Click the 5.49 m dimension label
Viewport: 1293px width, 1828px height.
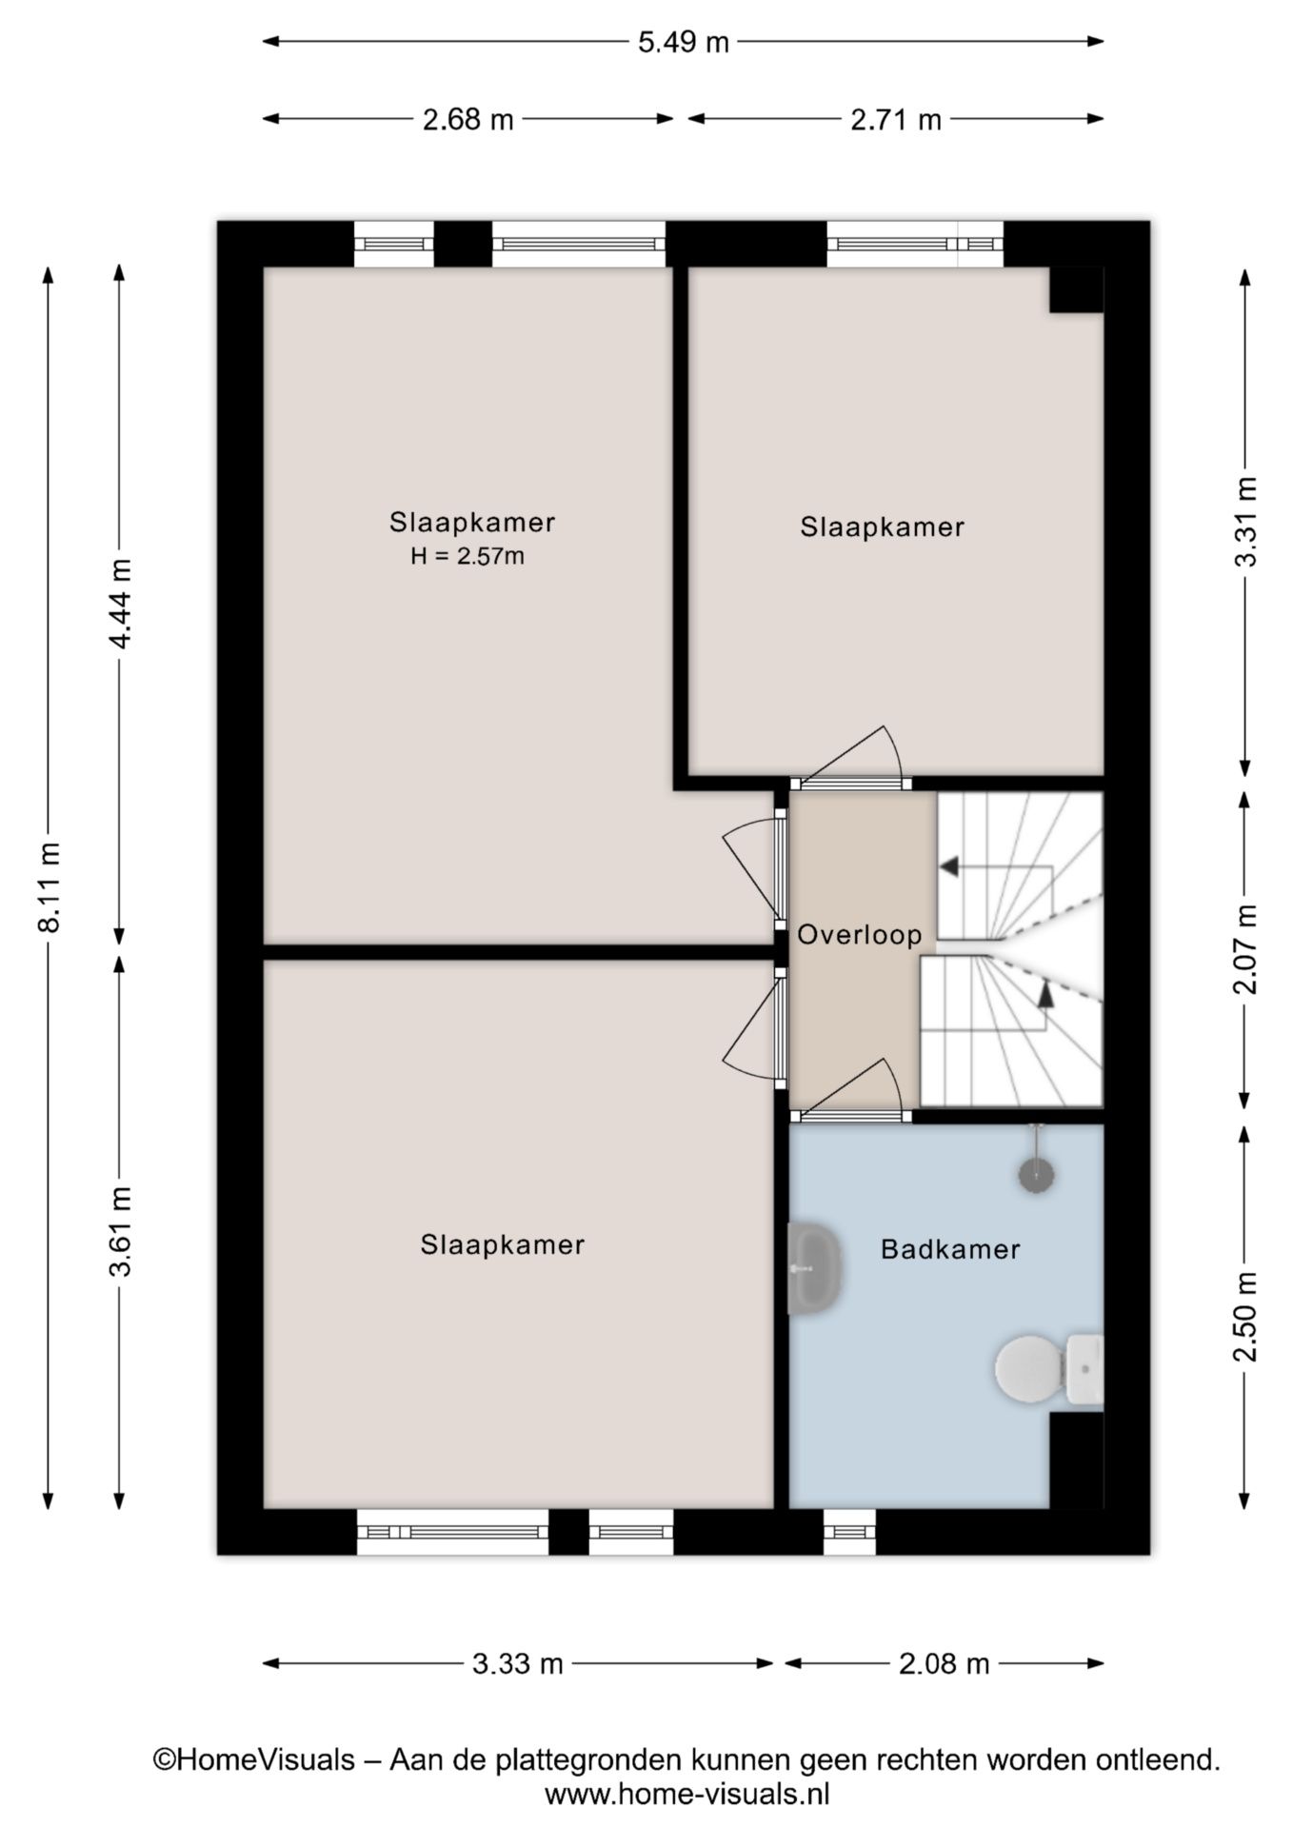[683, 42]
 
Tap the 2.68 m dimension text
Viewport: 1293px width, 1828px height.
[467, 120]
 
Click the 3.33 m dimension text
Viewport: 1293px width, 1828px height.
[518, 1664]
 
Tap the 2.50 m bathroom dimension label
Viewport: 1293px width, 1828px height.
[1244, 1317]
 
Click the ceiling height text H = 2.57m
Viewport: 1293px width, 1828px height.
[467, 556]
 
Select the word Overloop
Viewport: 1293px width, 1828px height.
[859, 935]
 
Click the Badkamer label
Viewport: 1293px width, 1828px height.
[950, 1249]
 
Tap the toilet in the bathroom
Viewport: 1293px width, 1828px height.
[1047, 1369]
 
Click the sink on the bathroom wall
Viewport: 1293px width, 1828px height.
[814, 1268]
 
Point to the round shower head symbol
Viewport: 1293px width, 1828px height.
[1037, 1175]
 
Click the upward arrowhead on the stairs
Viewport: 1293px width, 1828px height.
[1045, 994]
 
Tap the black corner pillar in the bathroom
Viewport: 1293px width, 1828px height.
[1076, 1460]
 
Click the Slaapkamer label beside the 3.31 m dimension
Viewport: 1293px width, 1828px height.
[882, 527]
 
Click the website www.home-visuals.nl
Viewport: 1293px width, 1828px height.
[686, 1794]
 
